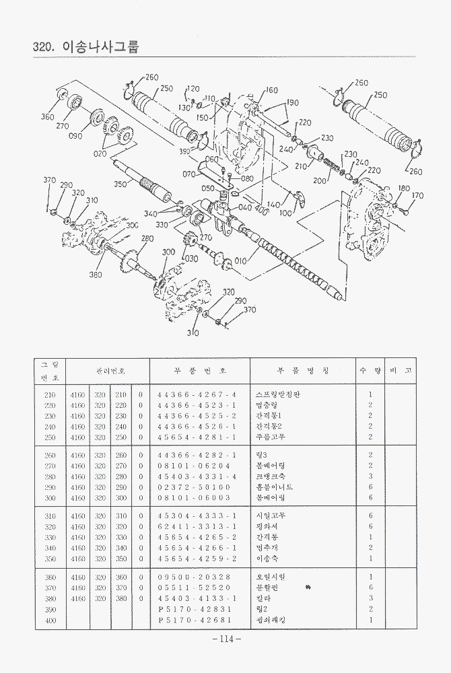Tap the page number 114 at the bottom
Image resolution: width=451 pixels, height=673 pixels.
click(225, 639)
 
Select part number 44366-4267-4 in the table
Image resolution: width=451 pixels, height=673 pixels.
click(197, 394)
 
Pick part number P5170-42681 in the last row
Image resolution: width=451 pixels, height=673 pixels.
click(194, 619)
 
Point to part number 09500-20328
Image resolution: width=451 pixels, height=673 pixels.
click(194, 577)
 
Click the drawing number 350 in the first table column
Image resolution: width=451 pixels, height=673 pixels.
click(50, 558)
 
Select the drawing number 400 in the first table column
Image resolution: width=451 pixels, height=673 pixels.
click(50, 619)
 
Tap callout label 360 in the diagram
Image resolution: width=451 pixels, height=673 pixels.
click(47, 117)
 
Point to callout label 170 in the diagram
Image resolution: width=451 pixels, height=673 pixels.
click(418, 196)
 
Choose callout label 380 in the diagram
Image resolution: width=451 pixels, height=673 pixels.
click(95, 275)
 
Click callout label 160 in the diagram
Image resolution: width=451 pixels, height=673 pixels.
click(271, 90)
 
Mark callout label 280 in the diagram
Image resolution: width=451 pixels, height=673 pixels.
click(147, 239)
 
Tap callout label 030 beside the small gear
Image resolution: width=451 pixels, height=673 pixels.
click(191, 259)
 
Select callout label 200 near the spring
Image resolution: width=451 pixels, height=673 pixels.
click(319, 181)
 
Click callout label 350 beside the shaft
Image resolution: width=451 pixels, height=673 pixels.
click(120, 184)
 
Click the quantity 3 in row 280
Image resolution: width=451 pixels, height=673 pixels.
click(370, 476)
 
